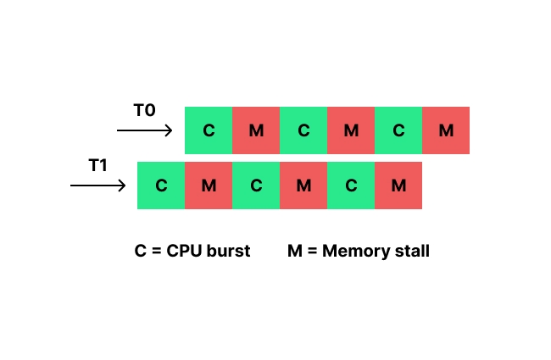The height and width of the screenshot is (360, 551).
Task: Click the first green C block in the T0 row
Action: pyautogui.click(x=209, y=130)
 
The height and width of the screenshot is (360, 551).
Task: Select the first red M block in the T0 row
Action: pyautogui.click(x=256, y=130)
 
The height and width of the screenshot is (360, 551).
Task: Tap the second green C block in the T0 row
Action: pyautogui.click(x=303, y=130)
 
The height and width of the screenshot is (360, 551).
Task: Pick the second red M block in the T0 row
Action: pyautogui.click(x=351, y=130)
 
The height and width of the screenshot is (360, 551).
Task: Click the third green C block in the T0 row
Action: pyautogui.click(x=398, y=130)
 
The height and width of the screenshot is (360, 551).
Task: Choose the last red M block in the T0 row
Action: pyautogui.click(x=446, y=130)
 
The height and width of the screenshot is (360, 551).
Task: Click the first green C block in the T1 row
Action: pyautogui.click(x=161, y=186)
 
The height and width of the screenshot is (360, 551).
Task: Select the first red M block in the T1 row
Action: pyautogui.click(x=209, y=186)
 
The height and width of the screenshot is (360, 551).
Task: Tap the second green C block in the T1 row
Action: pyautogui.click(x=256, y=186)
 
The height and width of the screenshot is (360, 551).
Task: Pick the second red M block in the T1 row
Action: pyautogui.click(x=303, y=186)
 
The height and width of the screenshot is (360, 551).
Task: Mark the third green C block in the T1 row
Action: pyautogui.click(x=351, y=186)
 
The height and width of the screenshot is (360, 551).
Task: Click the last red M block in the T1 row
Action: pyautogui.click(x=398, y=186)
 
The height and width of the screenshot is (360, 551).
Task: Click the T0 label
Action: pyautogui.click(x=144, y=111)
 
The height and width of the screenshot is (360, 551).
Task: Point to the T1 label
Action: pyautogui.click(x=98, y=165)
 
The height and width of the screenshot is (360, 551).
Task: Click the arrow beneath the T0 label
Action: pyautogui.click(x=144, y=130)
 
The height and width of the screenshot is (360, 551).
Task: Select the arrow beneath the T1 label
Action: pyautogui.click(x=97, y=185)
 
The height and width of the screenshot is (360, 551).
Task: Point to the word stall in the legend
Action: pyautogui.click(x=410, y=251)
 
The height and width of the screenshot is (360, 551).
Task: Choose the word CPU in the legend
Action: pyautogui.click(x=183, y=251)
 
